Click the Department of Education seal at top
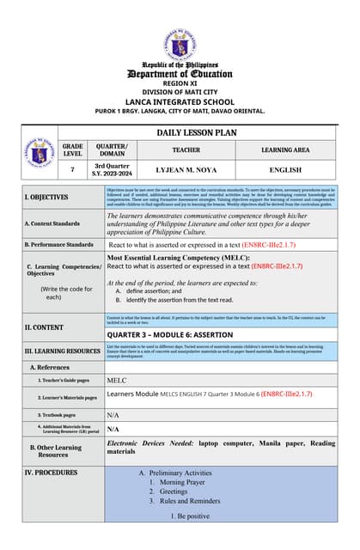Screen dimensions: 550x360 pos(180,43)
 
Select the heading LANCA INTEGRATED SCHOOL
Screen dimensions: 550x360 pos(180,101)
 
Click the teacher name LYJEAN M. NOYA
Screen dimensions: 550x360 pos(186,169)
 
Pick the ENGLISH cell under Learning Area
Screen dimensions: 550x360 pos(285,169)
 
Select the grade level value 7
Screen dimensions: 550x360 pos(72,169)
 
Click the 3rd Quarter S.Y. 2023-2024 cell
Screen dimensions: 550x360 pos(111,169)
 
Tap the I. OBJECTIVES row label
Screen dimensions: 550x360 pos(46,197)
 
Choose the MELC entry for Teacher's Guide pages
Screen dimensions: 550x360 pos(116,379)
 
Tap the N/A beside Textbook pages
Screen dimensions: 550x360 pos(113,414)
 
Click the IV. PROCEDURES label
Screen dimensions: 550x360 pos(51,473)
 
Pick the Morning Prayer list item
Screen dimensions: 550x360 pos(182,482)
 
